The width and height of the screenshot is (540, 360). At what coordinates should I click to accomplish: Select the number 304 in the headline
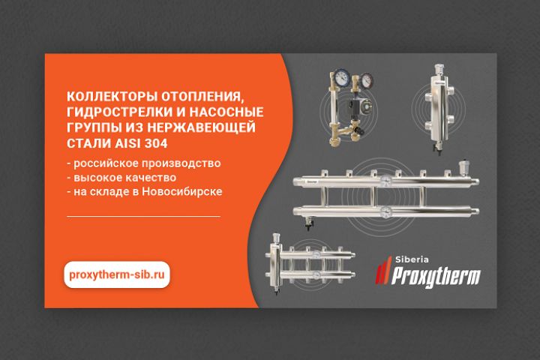pyautogui.click(x=156, y=143)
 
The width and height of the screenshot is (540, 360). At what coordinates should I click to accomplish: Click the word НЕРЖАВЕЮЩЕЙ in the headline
pyautogui.click(x=202, y=127)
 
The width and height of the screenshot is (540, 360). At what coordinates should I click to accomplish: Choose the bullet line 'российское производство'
pyautogui.click(x=144, y=163)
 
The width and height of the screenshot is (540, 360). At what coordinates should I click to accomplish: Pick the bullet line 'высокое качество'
pyautogui.click(x=121, y=178)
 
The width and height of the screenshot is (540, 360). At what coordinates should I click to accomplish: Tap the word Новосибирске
pyautogui.click(x=182, y=191)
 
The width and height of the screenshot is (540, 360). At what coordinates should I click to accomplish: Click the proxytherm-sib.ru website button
pyautogui.click(x=117, y=274)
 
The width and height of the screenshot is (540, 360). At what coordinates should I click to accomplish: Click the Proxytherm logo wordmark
pyautogui.click(x=436, y=276)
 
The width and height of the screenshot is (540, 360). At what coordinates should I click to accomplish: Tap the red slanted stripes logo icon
pyautogui.click(x=383, y=270)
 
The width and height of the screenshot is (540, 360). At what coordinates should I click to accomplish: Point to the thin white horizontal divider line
pyautogui.click(x=143, y=216)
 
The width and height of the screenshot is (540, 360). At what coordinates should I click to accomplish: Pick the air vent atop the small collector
pyautogui.click(x=276, y=238)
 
